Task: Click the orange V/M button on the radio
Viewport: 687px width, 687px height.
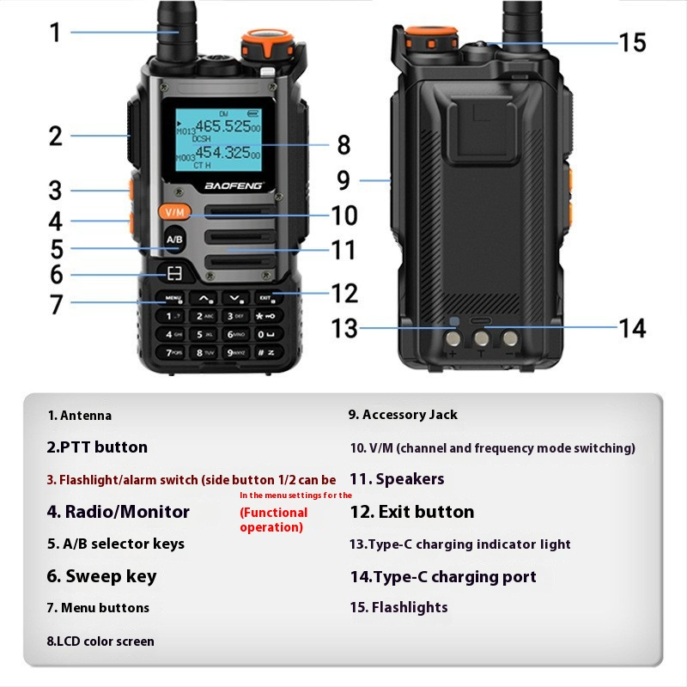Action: tap(174, 212)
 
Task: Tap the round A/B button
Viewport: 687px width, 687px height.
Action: tap(173, 239)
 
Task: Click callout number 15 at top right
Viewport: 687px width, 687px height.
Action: tap(632, 42)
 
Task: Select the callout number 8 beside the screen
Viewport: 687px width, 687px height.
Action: tap(343, 145)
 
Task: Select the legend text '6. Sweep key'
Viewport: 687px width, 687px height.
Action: tap(101, 575)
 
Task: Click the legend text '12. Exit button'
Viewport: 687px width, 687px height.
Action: tap(412, 512)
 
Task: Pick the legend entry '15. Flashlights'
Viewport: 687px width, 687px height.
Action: tap(398, 607)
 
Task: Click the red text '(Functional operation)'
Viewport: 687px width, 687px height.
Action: tap(273, 520)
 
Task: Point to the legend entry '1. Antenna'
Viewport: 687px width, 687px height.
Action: tap(79, 416)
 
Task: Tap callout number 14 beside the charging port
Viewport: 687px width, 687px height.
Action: tap(632, 327)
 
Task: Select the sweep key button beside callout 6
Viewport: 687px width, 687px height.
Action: tap(174, 274)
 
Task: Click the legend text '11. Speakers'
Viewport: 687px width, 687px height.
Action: tap(397, 479)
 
